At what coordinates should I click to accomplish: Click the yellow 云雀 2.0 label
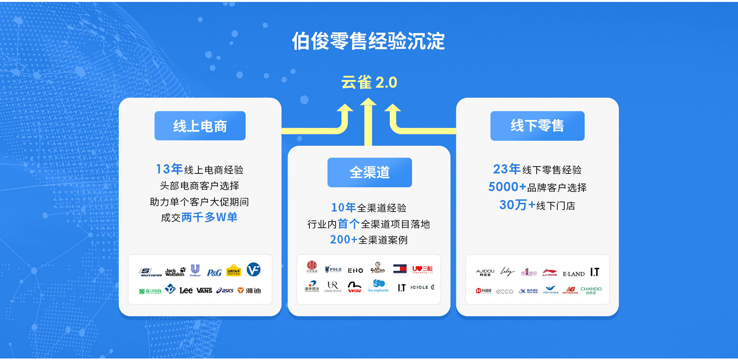pyautogui.click(x=369, y=82)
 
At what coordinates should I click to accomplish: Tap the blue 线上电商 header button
pyautogui.click(x=200, y=126)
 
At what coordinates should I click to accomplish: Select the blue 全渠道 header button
pyautogui.click(x=369, y=172)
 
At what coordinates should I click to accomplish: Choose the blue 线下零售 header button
pyautogui.click(x=537, y=126)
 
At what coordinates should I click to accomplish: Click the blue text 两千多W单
pyautogui.click(x=209, y=217)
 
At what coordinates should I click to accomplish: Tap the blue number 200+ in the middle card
pyautogui.click(x=343, y=240)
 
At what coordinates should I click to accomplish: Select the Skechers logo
pyautogui.click(x=150, y=272)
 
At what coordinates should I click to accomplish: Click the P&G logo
pyautogui.click(x=214, y=273)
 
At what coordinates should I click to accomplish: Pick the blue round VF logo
pyautogui.click(x=253, y=270)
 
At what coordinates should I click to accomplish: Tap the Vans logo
pyautogui.click(x=204, y=291)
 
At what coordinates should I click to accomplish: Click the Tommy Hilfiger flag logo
pyautogui.click(x=400, y=269)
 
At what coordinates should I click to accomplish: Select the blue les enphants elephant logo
pyautogui.click(x=379, y=286)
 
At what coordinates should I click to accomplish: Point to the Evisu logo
pyautogui.click(x=354, y=287)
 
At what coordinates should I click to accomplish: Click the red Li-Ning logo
pyautogui.click(x=550, y=273)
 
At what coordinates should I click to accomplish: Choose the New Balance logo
pyautogui.click(x=570, y=290)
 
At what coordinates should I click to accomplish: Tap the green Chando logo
pyautogui.click(x=591, y=290)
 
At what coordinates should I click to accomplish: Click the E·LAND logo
pyautogui.click(x=573, y=274)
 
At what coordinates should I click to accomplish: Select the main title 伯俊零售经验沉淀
pyautogui.click(x=368, y=41)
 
